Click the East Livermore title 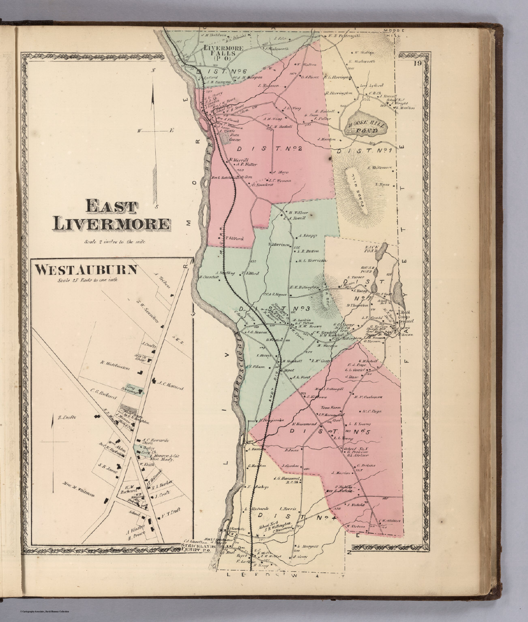coord(110,215)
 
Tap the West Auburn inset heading coord(86,270)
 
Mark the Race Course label coord(224,138)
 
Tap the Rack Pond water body coord(381,253)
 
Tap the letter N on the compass coord(153,70)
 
